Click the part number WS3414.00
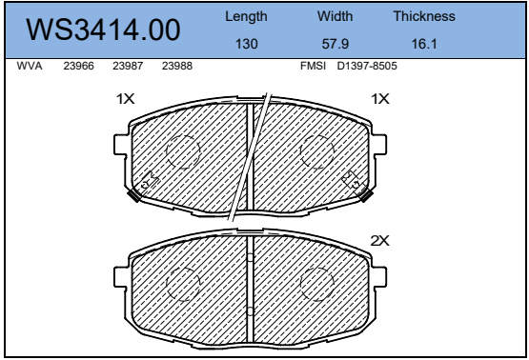point(103,30)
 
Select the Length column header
point(246,16)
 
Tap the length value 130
point(247,44)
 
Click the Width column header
point(335,16)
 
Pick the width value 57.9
point(335,44)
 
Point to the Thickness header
point(424,16)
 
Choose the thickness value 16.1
point(424,44)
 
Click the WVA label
point(30,66)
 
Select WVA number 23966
point(78,66)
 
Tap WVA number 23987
point(128,66)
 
